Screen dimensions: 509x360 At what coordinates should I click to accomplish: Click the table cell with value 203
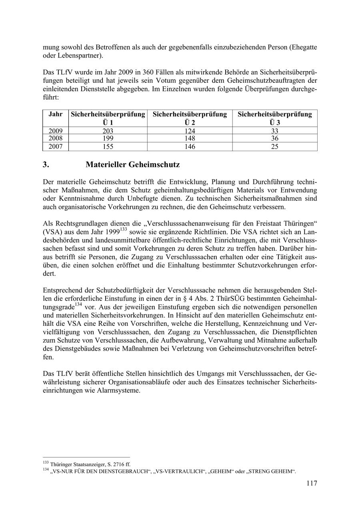click(x=108, y=131)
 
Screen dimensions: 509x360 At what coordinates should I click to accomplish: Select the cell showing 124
click(x=190, y=131)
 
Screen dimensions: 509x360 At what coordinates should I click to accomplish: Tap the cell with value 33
click(x=274, y=131)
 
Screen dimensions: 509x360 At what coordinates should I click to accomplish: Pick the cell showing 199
click(x=108, y=138)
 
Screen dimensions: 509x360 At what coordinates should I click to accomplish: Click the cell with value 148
click(x=190, y=138)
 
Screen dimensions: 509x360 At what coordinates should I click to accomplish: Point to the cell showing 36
click(x=274, y=138)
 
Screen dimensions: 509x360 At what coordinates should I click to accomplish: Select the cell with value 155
click(x=108, y=146)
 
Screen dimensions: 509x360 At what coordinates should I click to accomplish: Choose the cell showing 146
click(x=190, y=146)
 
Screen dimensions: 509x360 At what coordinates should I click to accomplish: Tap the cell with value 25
click(x=274, y=146)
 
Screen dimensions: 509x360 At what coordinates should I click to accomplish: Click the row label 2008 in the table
click(x=56, y=138)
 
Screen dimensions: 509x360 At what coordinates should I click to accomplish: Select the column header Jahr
click(x=56, y=114)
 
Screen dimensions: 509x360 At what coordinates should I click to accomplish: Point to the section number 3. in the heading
click(x=46, y=165)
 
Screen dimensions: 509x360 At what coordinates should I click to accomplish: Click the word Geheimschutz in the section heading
click(x=154, y=165)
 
